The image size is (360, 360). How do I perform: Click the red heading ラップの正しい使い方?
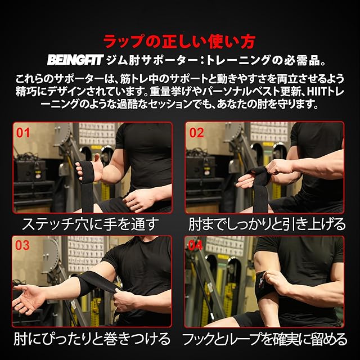[179, 42]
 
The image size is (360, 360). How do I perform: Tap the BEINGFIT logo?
[75, 60]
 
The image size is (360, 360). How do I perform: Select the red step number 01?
[23, 133]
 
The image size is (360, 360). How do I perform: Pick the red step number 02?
[196, 133]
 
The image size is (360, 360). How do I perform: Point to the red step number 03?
[22, 245]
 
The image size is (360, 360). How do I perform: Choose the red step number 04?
[195, 245]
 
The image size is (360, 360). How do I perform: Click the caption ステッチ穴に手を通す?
[91, 224]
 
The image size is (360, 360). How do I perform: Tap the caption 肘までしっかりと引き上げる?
[267, 224]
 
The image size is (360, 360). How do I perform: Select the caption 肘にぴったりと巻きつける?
[92, 339]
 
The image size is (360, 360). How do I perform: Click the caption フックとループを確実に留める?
[265, 339]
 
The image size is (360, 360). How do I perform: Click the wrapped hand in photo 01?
[89, 169]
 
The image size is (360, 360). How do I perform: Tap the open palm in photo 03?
[29, 298]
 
